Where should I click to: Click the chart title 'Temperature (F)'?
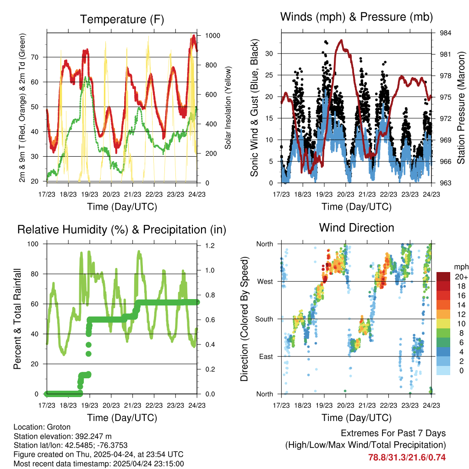122,19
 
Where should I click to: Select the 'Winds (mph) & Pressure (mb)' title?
356,17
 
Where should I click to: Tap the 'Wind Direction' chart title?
356,228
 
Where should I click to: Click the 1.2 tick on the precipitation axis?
209,245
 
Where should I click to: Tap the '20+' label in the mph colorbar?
460,276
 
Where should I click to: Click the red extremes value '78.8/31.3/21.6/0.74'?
407,457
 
